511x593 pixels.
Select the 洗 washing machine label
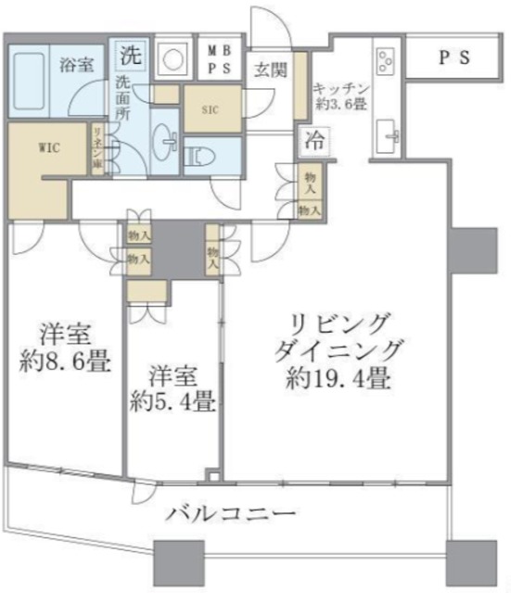point(131,54)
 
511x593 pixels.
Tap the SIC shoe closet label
point(211,108)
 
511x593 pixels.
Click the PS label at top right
point(454,57)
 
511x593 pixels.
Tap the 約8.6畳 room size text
point(64,360)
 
